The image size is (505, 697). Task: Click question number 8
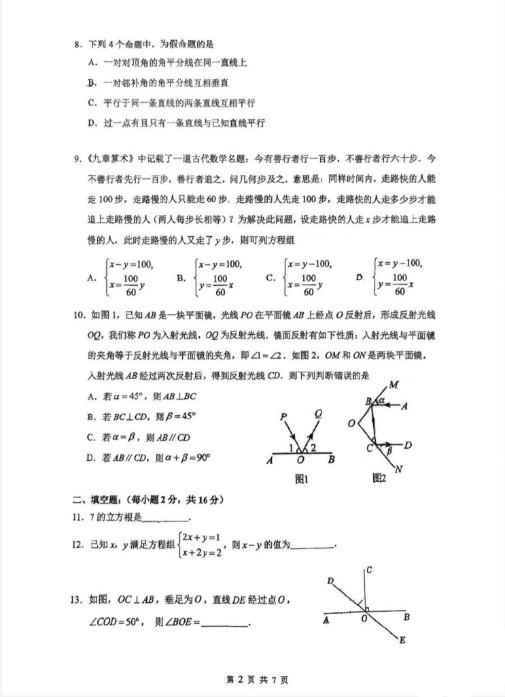point(77,45)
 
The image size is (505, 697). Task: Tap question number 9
point(77,159)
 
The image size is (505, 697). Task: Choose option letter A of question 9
point(92,277)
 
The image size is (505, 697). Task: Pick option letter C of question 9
point(271,277)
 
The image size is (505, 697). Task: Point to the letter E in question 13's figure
point(402,640)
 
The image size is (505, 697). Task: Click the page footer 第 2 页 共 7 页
point(253,679)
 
